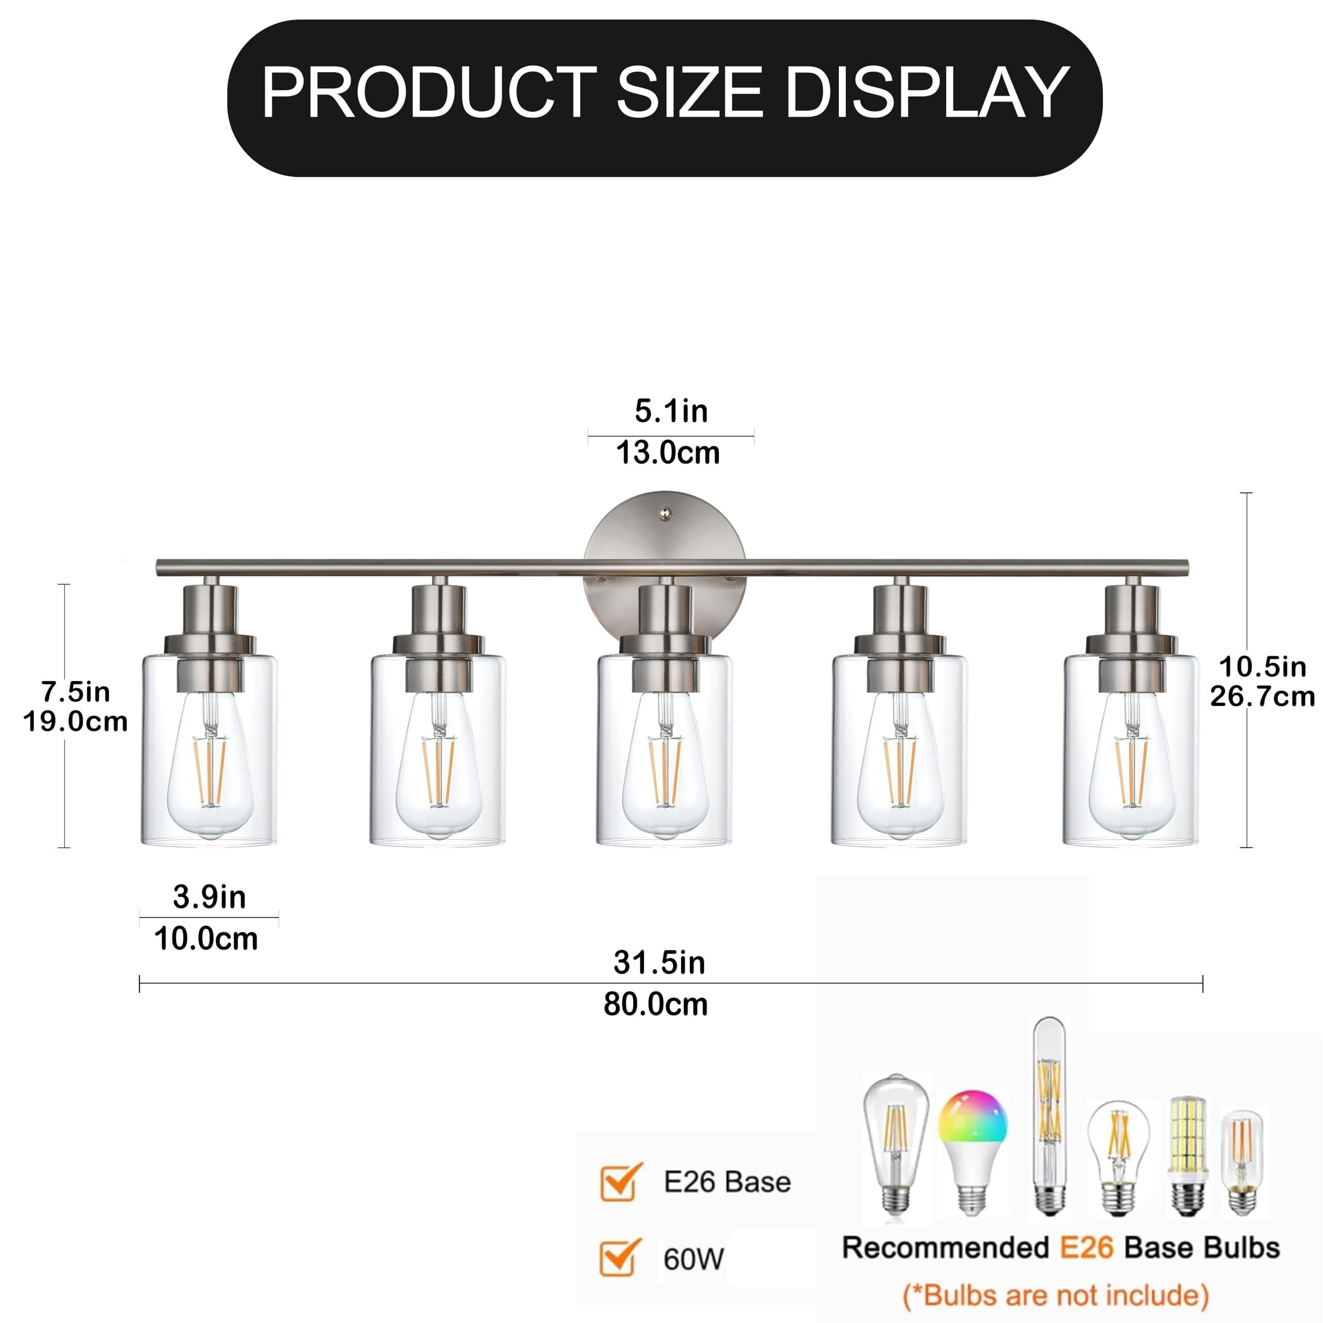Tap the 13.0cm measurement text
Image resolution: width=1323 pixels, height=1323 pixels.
click(668, 453)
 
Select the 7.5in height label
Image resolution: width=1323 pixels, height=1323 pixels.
click(75, 693)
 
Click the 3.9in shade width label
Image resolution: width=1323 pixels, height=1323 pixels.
click(209, 897)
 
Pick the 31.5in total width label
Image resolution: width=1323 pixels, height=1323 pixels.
click(659, 963)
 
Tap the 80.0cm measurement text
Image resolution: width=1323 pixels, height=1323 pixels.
click(655, 1005)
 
